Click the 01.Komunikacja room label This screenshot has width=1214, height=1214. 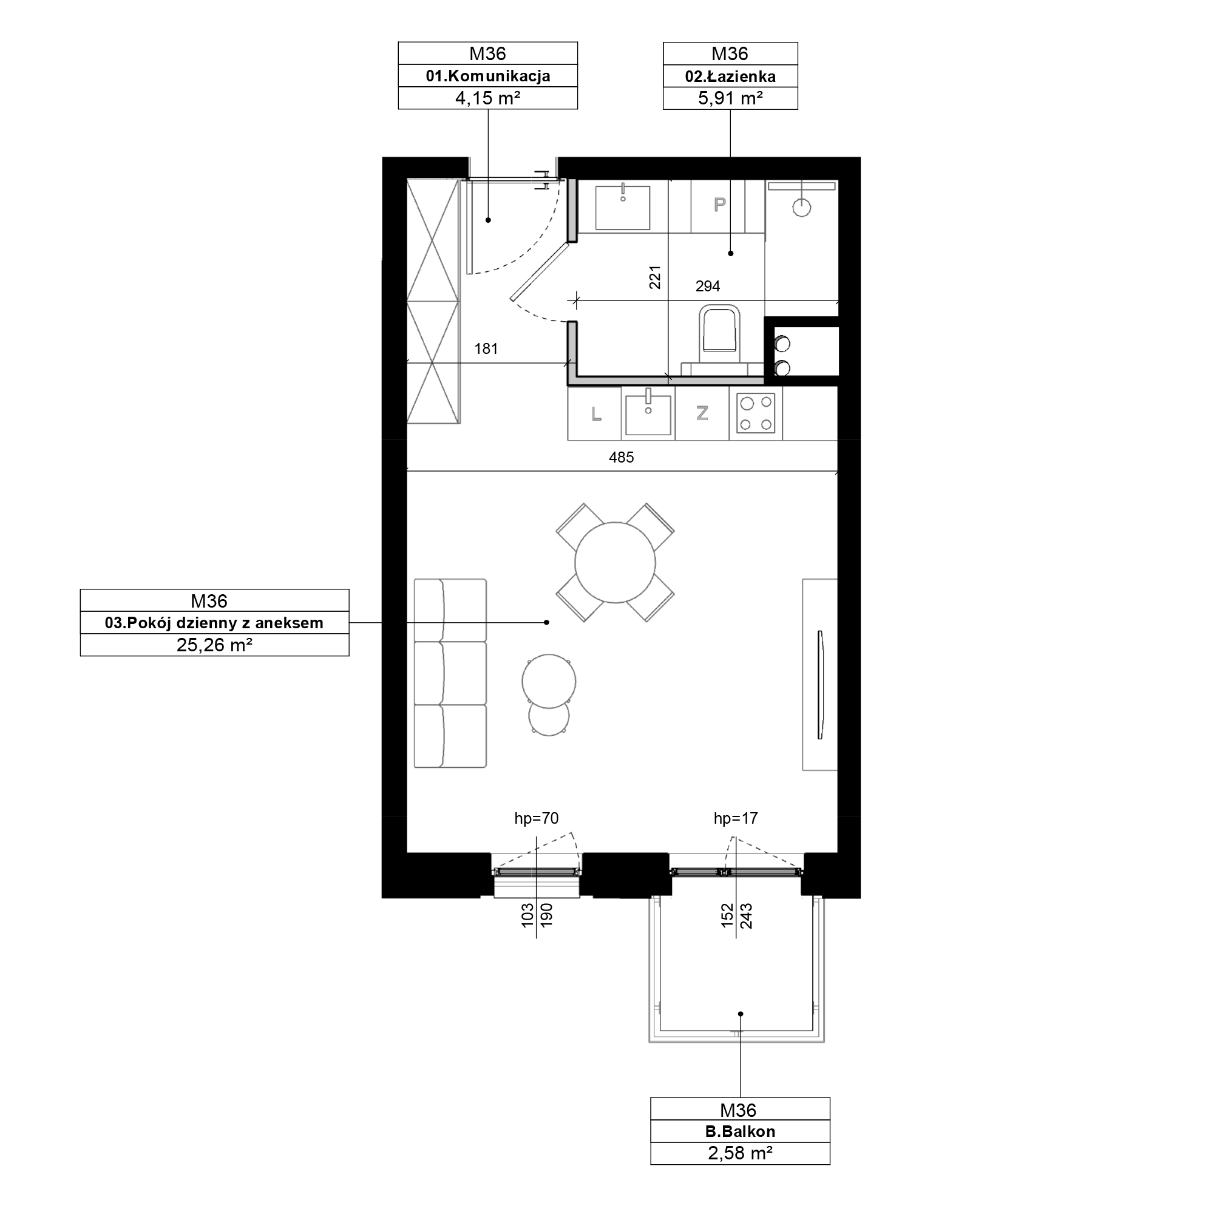click(487, 76)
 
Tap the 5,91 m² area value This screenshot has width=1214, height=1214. click(730, 98)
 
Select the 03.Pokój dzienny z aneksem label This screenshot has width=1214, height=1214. click(214, 623)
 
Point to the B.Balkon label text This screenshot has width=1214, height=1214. click(739, 1131)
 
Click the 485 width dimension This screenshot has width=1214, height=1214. click(622, 458)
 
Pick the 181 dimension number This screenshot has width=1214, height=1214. click(486, 349)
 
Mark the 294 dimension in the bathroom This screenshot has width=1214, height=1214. click(708, 287)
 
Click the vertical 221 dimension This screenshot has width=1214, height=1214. click(655, 277)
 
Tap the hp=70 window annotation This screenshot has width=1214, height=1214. click(536, 818)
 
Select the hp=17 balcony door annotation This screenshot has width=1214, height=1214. click(736, 818)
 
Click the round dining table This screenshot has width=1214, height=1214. click(615, 563)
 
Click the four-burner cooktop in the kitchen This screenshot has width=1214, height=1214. click(756, 413)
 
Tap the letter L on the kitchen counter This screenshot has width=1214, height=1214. click(595, 413)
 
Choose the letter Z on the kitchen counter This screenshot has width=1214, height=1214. click(702, 413)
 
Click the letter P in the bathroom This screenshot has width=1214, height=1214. click(719, 203)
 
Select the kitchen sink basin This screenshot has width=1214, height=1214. click(648, 413)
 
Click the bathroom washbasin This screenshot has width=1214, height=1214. click(623, 208)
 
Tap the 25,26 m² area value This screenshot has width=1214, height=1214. click(214, 645)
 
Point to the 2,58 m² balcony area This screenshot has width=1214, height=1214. click(739, 1153)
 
